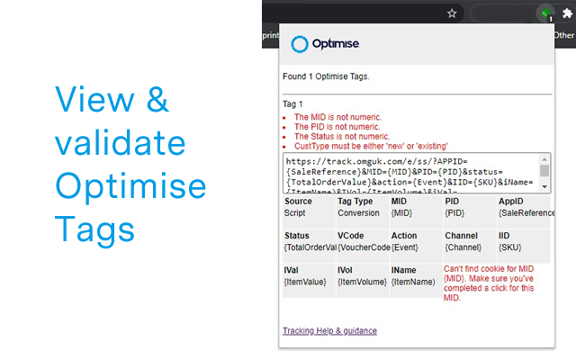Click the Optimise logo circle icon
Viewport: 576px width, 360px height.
click(300, 43)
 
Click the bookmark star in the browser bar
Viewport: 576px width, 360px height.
click(451, 13)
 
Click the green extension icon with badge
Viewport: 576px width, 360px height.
click(544, 13)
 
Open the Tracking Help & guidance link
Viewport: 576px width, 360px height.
click(329, 330)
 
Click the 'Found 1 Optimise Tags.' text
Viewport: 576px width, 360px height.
click(326, 76)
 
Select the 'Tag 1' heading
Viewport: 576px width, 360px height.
click(292, 103)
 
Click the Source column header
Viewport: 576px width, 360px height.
click(297, 202)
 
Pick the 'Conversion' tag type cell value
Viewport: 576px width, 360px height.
click(358, 212)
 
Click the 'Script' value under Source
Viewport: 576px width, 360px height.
click(294, 212)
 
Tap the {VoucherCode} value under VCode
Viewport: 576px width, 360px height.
click(364, 247)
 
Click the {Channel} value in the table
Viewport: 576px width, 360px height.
click(463, 247)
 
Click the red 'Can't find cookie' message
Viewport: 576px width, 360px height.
click(491, 283)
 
